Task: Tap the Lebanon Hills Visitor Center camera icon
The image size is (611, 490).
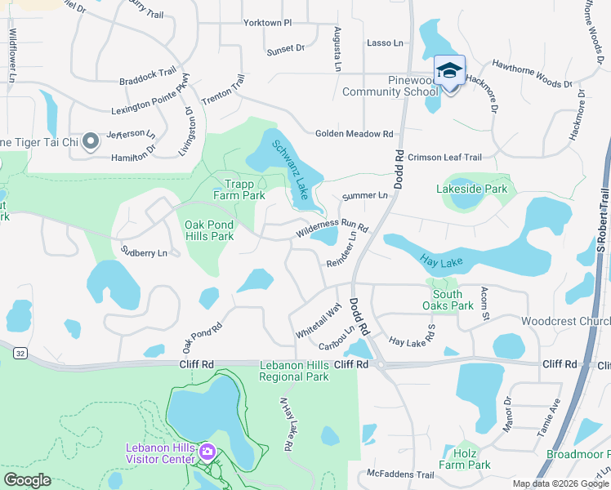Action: (207, 452)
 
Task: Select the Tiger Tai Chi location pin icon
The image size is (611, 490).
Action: (91, 141)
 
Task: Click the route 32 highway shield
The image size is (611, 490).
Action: (20, 353)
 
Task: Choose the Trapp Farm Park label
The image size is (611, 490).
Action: (239, 189)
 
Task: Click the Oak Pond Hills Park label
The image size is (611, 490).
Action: (209, 230)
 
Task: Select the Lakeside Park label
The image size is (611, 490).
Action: (472, 189)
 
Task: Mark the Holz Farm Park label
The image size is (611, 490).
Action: (466, 459)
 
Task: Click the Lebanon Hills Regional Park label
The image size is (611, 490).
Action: (294, 371)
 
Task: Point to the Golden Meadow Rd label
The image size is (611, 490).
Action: (355, 134)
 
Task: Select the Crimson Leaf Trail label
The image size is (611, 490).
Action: (445, 157)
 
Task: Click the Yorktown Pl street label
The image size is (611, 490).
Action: (267, 23)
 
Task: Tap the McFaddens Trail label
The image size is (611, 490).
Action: (400, 474)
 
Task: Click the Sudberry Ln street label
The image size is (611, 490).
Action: (143, 252)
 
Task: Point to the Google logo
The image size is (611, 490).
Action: (28, 480)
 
